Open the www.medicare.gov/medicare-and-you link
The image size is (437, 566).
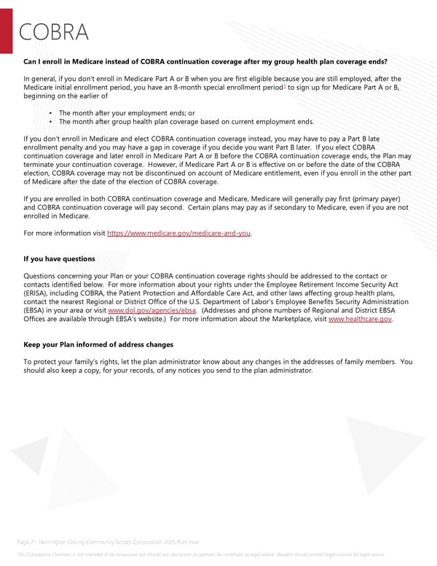coord(179,233)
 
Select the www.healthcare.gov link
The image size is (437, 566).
coord(361,319)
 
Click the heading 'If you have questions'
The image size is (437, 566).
coord(59,259)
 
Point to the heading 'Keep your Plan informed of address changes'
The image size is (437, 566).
coord(98,344)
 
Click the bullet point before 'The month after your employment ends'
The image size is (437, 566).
coord(49,113)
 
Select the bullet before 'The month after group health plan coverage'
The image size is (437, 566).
coord(49,122)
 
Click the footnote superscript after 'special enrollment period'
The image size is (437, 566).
coord(285,85)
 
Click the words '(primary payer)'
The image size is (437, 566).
coord(379,199)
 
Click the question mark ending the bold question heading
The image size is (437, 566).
coord(385,61)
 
